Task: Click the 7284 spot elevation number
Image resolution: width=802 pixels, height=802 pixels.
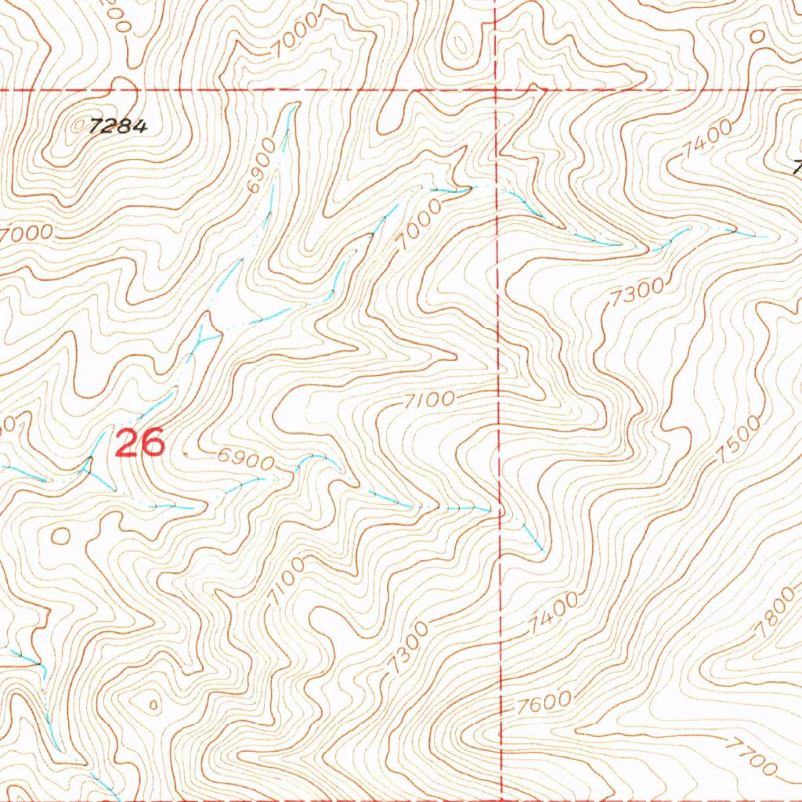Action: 118,126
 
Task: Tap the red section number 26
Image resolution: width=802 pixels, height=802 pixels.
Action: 140,443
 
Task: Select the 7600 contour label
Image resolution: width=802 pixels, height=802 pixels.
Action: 542,703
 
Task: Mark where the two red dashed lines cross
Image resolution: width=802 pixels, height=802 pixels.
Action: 497,91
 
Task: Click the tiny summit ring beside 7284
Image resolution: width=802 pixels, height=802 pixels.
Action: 78,125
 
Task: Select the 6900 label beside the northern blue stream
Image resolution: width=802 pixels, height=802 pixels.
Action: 262,167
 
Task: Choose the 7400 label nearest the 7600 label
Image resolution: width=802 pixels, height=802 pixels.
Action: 555,612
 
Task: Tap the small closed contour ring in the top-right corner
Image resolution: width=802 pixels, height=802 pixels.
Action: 757,35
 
